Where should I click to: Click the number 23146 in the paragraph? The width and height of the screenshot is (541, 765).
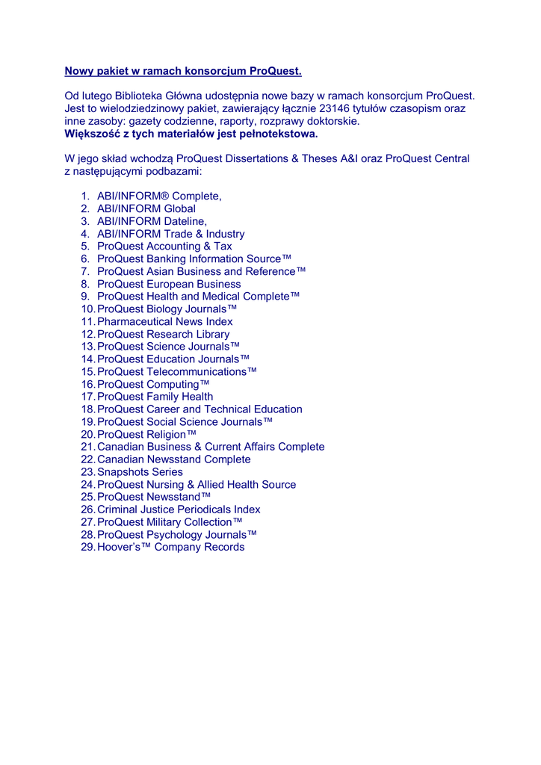(334, 108)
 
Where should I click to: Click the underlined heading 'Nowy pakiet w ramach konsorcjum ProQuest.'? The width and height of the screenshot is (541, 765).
(183, 71)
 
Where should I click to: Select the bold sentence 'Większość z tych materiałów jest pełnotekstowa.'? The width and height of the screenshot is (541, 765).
(191, 134)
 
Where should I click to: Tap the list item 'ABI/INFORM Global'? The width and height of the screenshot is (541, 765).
(146, 208)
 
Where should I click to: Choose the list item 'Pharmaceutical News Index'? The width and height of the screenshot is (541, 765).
(165, 321)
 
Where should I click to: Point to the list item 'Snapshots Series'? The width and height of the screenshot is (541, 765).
(140, 472)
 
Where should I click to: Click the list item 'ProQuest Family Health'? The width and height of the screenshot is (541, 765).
(155, 397)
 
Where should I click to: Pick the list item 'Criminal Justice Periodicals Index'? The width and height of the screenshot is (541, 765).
(179, 510)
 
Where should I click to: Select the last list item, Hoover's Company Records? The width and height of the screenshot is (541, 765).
(170, 547)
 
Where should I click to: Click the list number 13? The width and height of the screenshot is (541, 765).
(87, 347)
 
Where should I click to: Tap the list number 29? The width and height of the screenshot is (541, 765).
(87, 547)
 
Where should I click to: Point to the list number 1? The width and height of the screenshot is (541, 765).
(85, 196)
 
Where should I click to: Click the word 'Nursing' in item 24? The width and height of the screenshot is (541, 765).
(165, 485)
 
